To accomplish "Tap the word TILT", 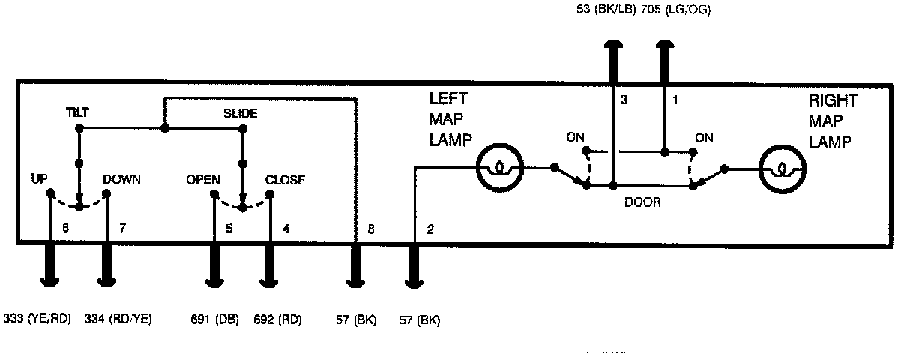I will tap(77, 113).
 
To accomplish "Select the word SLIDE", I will tap(241, 114).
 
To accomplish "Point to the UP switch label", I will tap(40, 180).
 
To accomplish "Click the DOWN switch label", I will tap(122, 180).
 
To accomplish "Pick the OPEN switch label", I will tap(203, 180).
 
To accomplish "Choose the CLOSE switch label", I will tap(286, 180).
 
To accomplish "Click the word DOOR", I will tap(642, 202).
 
